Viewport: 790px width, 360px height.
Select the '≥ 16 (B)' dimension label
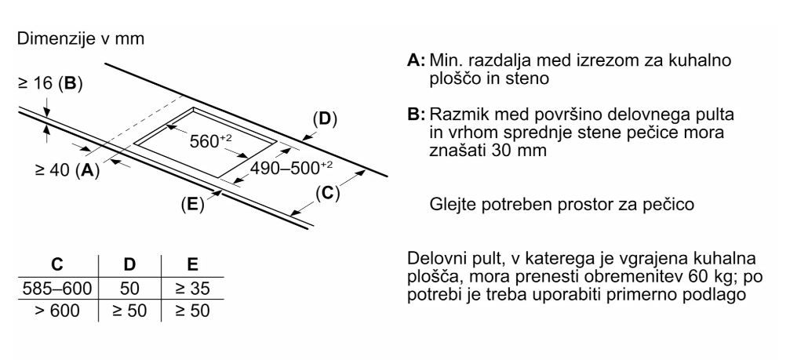pos(49,83)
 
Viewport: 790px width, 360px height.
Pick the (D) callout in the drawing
pos(323,120)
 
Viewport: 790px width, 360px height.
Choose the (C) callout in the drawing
pos(328,192)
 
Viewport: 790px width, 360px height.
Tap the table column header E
pos(191,264)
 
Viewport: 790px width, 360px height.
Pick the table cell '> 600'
pos(59,311)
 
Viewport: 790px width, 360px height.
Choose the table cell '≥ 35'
pos(191,288)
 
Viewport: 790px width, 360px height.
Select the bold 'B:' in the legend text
pos(417,116)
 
